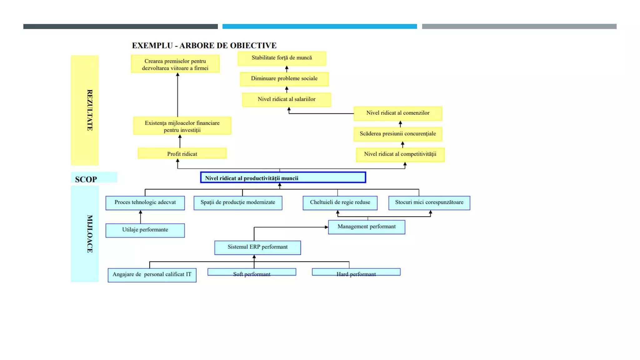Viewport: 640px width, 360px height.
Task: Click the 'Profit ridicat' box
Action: coord(182,153)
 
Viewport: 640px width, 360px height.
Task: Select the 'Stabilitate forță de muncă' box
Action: coord(282,58)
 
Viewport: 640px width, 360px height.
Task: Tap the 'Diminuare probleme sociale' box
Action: coord(284,79)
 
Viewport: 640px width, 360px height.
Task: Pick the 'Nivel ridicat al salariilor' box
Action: coord(286,99)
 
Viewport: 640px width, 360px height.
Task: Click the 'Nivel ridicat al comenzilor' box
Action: coord(398,113)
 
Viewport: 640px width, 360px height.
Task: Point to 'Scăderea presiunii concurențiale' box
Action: coord(397,134)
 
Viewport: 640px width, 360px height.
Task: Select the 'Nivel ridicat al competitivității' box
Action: coord(400,154)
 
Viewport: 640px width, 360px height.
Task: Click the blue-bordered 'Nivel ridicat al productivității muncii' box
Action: coord(283,177)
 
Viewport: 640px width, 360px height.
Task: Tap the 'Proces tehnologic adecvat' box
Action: coord(145,202)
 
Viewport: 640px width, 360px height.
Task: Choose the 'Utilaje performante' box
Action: coord(145,230)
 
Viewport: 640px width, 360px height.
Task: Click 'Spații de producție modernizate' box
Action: coord(238,202)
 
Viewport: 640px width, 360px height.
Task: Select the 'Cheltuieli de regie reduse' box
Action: coord(340,202)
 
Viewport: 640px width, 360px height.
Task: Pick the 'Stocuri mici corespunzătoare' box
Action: coord(429,202)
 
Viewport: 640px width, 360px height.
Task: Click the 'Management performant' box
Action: coord(367,227)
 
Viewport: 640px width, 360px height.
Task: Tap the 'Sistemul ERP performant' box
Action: coord(257,247)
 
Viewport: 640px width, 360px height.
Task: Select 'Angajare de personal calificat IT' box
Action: coord(152,275)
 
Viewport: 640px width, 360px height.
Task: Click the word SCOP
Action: coord(86,179)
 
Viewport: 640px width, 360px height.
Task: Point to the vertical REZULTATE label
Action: coord(89,110)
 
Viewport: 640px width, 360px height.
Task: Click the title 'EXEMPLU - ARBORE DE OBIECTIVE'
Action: coord(204,46)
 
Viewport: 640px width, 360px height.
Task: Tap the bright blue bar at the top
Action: coord(319,27)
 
